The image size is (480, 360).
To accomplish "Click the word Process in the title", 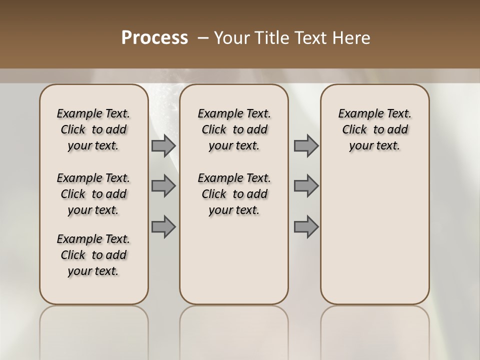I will click(x=154, y=38).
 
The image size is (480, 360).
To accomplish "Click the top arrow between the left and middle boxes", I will click(x=163, y=145).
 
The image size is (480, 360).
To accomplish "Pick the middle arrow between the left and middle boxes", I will click(x=163, y=186).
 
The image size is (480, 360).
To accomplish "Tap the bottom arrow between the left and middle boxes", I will click(x=163, y=226).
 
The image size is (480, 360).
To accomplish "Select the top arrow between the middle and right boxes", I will click(x=306, y=145).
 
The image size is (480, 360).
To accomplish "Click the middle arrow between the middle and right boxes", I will click(x=306, y=186).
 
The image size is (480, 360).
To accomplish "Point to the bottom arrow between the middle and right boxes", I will click(x=306, y=226).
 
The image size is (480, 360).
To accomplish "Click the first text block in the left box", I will click(x=93, y=129).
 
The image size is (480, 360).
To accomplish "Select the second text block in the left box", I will click(x=93, y=194).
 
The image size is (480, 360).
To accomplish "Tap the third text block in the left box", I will click(x=93, y=255).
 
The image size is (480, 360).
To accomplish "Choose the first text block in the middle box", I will click(x=234, y=129).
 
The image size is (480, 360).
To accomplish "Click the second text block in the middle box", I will click(x=234, y=194).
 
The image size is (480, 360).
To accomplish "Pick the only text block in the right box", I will click(x=375, y=129).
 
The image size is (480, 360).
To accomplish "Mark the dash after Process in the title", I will click(x=203, y=38).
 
